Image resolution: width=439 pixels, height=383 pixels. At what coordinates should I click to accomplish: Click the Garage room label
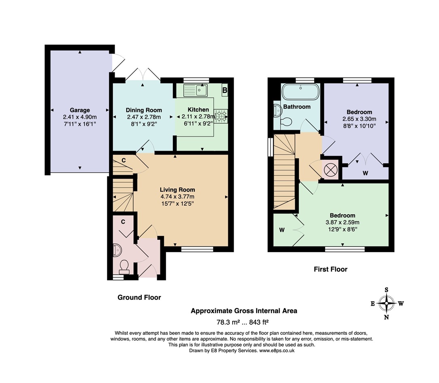[80, 110]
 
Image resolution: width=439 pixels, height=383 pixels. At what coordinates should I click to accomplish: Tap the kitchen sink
[196, 90]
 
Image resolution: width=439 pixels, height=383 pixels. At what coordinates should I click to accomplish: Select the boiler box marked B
[225, 90]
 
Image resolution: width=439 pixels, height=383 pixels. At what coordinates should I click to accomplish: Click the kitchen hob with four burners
[221, 116]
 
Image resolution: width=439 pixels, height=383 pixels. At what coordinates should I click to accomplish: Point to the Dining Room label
[144, 110]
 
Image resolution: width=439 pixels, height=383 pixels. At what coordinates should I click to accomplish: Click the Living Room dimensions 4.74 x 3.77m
[177, 196]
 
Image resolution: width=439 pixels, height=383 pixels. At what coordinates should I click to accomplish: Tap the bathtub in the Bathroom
[300, 91]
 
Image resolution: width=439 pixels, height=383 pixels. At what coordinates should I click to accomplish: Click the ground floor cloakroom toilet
[124, 267]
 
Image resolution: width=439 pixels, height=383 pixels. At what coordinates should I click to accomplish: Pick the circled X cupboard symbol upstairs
[330, 170]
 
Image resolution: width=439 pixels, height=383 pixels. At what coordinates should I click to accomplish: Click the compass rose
[386, 304]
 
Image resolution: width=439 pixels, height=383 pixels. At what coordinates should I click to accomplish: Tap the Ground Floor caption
[139, 297]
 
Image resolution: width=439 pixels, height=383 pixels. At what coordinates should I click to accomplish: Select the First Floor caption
[330, 269]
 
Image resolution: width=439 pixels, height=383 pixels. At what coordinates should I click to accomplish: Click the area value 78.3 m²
[228, 322]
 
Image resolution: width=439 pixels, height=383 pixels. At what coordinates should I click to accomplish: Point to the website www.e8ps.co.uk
[277, 351]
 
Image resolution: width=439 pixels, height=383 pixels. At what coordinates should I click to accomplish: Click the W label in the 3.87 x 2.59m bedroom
[282, 230]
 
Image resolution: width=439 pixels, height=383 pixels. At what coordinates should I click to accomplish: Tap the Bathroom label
[297, 106]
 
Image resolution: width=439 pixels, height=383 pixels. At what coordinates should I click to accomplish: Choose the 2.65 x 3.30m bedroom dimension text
[360, 119]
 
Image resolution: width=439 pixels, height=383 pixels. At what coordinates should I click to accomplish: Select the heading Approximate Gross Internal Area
[244, 311]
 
